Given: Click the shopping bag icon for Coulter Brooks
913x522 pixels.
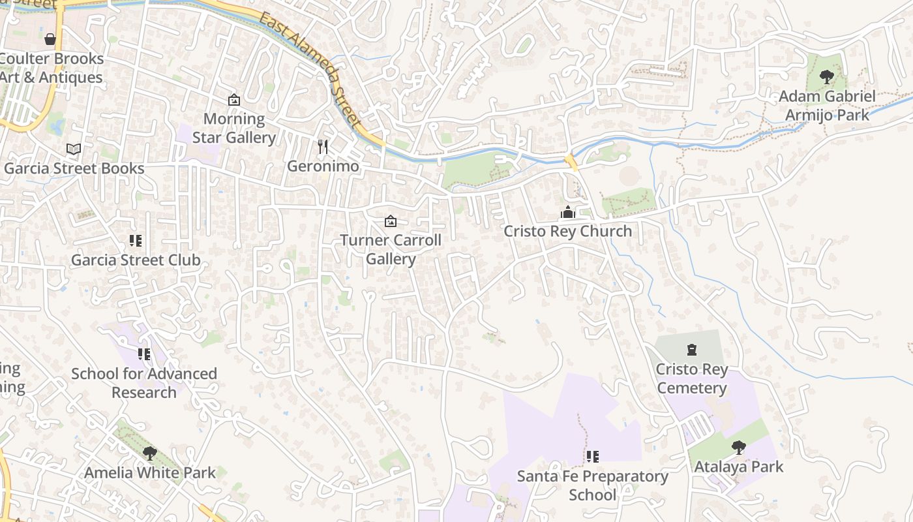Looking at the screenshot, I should coord(50,39).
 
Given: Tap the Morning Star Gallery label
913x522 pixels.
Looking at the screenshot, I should coord(233,129).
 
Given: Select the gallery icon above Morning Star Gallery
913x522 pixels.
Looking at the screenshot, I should coord(233,100).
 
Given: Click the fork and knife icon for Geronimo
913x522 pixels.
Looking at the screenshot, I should coord(322,146).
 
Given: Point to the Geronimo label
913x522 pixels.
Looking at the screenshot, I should coord(323,166).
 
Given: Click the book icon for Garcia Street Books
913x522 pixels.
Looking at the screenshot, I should coord(74,149).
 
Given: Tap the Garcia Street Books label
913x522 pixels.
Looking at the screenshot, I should coord(74,168).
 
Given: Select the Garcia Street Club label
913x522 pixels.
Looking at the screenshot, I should coord(136,260).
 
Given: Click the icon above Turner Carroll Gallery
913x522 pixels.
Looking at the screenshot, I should coord(391,221).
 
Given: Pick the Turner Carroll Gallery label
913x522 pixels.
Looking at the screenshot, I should coord(391,250).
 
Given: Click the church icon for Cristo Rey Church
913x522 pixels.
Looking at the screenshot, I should coord(568,212).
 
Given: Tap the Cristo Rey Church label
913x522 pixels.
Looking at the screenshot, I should coord(568,232).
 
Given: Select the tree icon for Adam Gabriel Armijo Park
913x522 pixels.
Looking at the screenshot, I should coord(827,77).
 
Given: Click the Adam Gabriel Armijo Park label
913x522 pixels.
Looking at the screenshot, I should coord(827,106).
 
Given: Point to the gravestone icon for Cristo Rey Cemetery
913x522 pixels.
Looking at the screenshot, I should coord(692,350).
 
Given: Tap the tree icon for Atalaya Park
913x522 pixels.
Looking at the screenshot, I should coord(738,447).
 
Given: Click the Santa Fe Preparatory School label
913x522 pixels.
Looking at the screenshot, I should coord(592,485).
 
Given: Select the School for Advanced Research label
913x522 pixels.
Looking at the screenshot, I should coord(144,383).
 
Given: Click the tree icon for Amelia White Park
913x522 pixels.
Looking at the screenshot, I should coord(150,453).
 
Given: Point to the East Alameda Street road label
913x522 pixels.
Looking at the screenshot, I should coord(310,69).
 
